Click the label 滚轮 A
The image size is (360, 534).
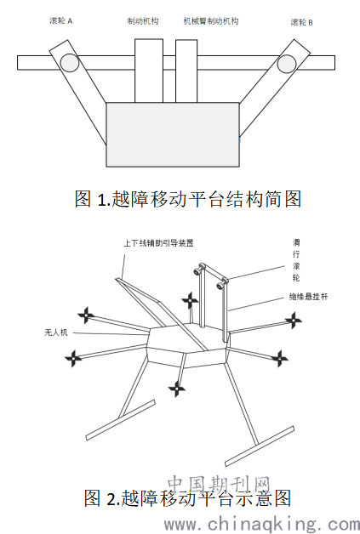(60, 20)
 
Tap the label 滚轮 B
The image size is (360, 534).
(301, 22)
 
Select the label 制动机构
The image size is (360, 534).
(143, 21)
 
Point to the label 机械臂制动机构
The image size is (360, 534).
(211, 21)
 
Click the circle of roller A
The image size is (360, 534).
(70, 63)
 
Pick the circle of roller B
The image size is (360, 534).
(286, 64)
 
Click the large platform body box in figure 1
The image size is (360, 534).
(173, 134)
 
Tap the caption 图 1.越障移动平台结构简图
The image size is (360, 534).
(188, 199)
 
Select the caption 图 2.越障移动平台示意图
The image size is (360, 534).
(187, 498)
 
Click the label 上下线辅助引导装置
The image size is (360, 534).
(158, 243)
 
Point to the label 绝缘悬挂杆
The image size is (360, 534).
(308, 297)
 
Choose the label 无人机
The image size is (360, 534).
(56, 332)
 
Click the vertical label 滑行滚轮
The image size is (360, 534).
(296, 260)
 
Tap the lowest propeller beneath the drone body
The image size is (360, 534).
(177, 389)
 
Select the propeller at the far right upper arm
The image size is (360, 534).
(293, 320)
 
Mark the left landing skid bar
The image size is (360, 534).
(121, 420)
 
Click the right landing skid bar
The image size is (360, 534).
(260, 446)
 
